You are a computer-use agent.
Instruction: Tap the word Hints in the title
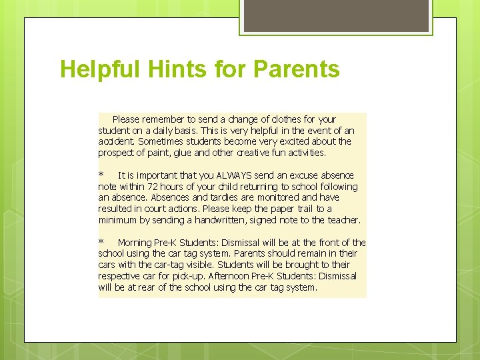(x=165, y=69)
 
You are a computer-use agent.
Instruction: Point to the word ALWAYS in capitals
(x=233, y=175)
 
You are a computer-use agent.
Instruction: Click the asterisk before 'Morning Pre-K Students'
(x=101, y=243)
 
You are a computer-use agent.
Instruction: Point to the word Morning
(x=135, y=243)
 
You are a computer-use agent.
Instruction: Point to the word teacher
(x=343, y=220)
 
